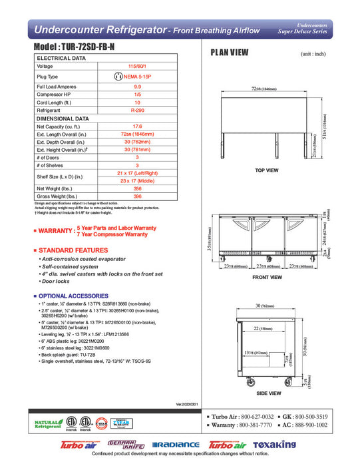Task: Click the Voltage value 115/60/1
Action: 137,67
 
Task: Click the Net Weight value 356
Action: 137,188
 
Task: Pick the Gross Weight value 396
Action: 137,196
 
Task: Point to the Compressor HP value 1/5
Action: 137,95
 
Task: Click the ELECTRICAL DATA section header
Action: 61,59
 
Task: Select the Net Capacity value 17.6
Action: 137,126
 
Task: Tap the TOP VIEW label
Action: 267,170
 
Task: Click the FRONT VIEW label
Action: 267,277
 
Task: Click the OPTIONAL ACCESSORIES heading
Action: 76,296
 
